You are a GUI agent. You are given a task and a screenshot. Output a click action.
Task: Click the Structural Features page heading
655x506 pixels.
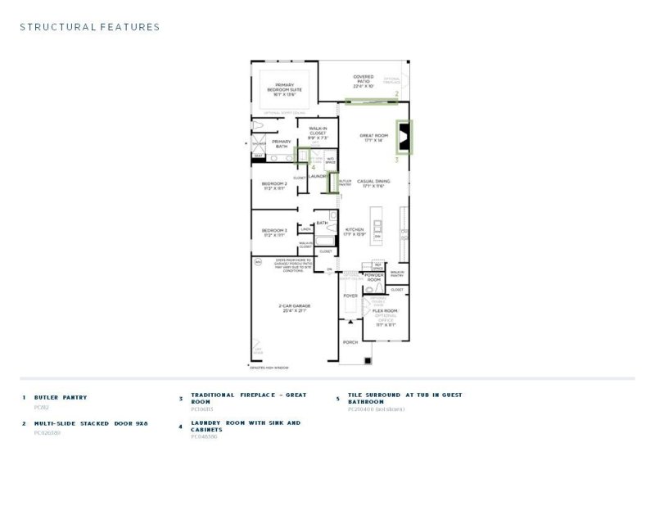pyautogui.click(x=89, y=27)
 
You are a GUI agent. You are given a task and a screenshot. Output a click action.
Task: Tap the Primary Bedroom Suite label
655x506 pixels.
pyautogui.click(x=284, y=88)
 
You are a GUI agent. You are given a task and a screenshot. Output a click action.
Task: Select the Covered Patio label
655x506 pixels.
pyautogui.click(x=363, y=79)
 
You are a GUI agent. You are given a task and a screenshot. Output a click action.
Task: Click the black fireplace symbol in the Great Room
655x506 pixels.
pyautogui.click(x=404, y=137)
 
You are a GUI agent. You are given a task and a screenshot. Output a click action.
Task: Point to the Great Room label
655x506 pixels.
pyautogui.click(x=373, y=138)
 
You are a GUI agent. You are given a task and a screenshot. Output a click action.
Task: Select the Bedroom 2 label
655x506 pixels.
pyautogui.click(x=273, y=185)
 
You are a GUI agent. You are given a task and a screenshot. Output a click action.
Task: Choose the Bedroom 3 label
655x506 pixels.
pyautogui.click(x=273, y=233)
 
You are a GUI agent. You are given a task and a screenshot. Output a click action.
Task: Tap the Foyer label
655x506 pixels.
pyautogui.click(x=350, y=295)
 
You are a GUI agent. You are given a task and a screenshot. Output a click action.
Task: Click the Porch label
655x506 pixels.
pyautogui.click(x=350, y=341)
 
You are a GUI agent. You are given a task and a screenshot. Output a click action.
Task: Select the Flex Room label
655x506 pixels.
pyautogui.click(x=385, y=312)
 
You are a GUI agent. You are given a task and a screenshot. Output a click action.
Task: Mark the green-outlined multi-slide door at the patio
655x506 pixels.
pyautogui.click(x=372, y=102)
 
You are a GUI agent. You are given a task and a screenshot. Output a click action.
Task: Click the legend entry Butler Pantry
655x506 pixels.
pyautogui.click(x=61, y=398)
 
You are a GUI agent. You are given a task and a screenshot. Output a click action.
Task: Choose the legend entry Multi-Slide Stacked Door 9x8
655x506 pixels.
pyautogui.click(x=90, y=424)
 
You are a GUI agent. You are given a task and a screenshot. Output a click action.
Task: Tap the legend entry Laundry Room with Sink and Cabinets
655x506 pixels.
pyautogui.click(x=245, y=427)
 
